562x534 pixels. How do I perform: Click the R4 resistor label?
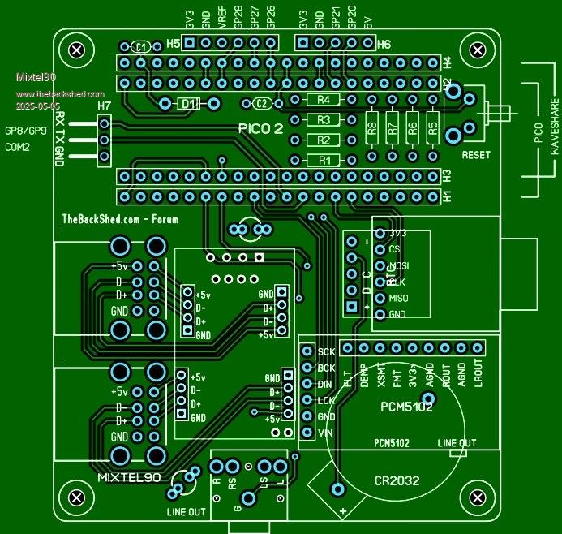(x=324, y=100)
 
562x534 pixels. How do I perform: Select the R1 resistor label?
(x=324, y=160)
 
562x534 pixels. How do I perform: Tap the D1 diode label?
(x=188, y=104)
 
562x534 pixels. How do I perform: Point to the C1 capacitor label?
(x=141, y=47)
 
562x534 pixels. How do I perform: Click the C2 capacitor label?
(x=261, y=103)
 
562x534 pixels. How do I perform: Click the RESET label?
(x=476, y=154)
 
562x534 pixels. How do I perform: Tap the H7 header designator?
(x=104, y=106)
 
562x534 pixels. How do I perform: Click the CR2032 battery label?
(x=397, y=480)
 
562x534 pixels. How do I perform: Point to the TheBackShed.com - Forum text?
(x=120, y=218)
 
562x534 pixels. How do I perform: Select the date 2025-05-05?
(x=37, y=106)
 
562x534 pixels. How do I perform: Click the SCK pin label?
(x=326, y=352)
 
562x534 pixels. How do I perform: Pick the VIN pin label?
(x=326, y=433)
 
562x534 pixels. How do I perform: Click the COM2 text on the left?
(x=18, y=147)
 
